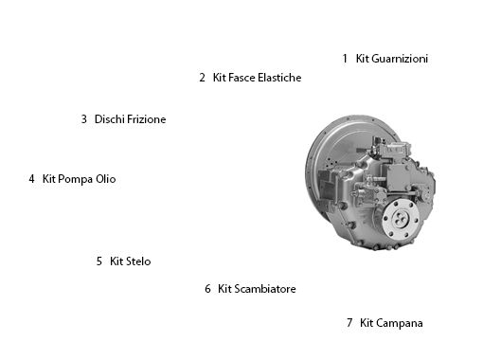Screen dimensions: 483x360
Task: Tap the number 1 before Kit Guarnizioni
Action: tap(345, 59)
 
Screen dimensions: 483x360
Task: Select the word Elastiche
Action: tap(274, 78)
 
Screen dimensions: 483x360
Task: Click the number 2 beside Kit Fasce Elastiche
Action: tap(203, 78)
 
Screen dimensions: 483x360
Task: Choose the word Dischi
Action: tap(110, 119)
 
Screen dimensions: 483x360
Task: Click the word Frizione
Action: tap(147, 119)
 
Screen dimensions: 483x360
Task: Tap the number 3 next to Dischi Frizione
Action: tap(84, 119)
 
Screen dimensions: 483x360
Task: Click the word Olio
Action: tap(107, 178)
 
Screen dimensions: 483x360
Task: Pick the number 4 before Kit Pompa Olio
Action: tap(31, 178)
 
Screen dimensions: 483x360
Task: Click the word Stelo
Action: tap(138, 261)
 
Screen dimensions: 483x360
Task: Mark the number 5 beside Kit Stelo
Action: tap(99, 261)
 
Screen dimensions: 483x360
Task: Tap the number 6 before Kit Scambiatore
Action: tap(207, 289)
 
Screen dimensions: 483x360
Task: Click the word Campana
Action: tap(401, 323)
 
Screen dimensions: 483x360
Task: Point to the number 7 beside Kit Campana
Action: tap(349, 323)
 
